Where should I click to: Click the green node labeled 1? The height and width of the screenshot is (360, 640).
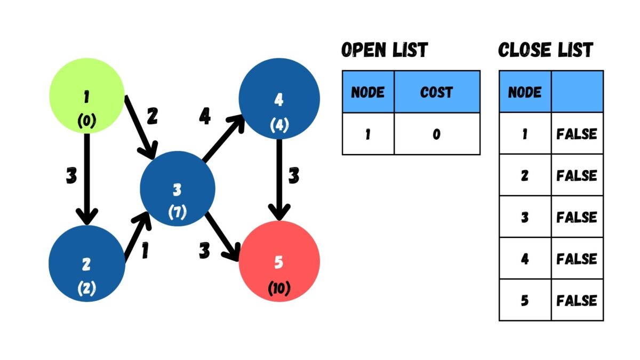(86, 95)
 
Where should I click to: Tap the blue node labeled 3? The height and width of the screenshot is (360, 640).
(178, 188)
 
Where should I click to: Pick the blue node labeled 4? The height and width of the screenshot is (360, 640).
(279, 99)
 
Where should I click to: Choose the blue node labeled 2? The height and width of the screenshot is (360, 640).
(86, 264)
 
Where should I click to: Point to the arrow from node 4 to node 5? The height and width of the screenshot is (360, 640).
(278, 176)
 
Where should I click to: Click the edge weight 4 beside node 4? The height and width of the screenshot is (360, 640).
(204, 116)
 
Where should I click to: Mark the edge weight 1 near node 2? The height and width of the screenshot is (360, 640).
(145, 251)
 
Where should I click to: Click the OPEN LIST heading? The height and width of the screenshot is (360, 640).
(384, 50)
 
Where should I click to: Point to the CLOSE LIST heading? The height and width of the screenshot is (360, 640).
(545, 50)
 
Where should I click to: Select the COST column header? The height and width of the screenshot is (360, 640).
(437, 92)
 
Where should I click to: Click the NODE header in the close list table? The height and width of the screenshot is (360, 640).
(525, 92)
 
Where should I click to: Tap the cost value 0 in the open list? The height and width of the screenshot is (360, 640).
(437, 134)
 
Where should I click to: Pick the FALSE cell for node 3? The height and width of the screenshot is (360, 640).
(577, 217)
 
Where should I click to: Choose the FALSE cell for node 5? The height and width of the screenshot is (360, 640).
(577, 300)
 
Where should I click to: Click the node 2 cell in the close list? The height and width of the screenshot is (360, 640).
(525, 175)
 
